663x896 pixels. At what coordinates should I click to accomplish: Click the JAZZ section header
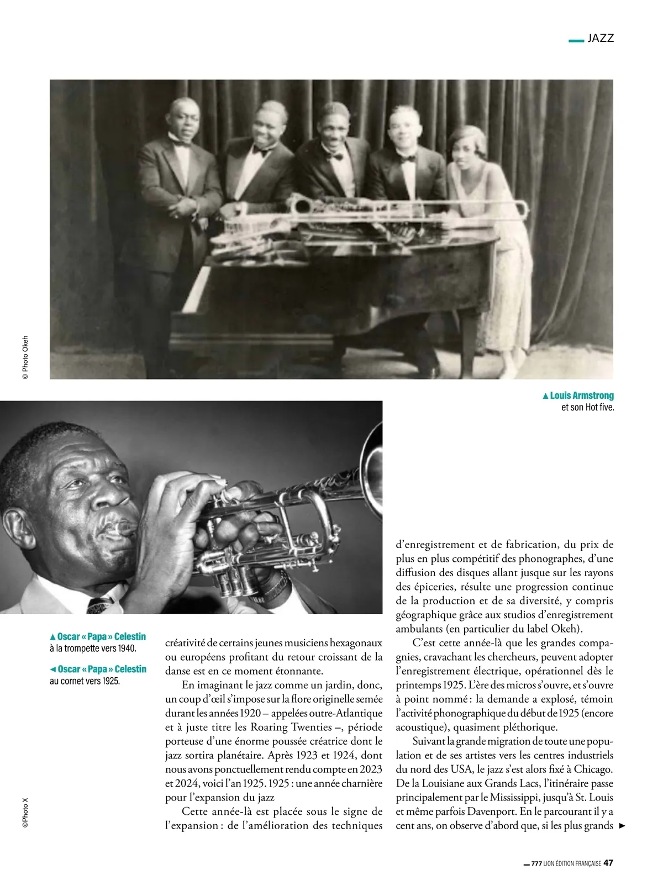coord(601,38)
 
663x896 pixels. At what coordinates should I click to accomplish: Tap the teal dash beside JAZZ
coord(576,40)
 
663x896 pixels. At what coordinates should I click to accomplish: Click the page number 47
coord(608,863)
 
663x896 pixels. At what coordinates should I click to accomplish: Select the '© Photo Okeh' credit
coord(25,358)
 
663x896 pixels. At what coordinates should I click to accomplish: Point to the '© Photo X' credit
coord(25,811)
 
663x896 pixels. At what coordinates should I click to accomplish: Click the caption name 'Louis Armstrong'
coord(581,396)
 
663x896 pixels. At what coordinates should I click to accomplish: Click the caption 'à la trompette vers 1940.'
coord(93,649)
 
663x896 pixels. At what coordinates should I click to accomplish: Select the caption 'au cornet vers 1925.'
coord(85,681)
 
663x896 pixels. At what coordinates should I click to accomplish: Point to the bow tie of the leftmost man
coord(180,143)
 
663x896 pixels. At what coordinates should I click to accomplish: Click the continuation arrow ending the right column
coord(623,826)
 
